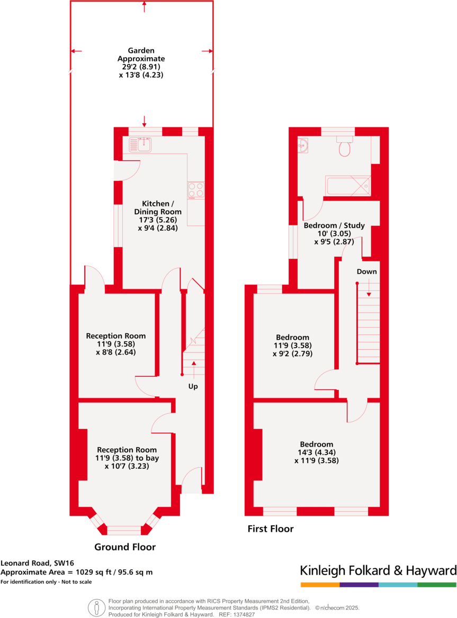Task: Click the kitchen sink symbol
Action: click(140, 144)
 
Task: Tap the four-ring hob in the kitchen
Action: click(196, 189)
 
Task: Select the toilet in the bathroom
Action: click(345, 148)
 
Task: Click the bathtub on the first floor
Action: click(348, 186)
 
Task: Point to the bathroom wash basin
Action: click(303, 146)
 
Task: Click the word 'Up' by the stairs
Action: click(193, 387)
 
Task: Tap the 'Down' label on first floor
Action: click(366, 271)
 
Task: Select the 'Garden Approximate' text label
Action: click(141, 54)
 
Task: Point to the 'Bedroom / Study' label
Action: click(334, 225)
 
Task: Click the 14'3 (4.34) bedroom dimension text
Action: click(316, 452)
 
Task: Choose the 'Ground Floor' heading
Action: click(125, 547)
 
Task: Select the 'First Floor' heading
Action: click(271, 529)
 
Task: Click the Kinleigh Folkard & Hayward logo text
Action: click(378, 570)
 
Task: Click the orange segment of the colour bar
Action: click(320, 585)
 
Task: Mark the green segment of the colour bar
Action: click(437, 585)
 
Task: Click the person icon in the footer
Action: click(96, 607)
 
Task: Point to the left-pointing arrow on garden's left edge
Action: click(76, 51)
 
